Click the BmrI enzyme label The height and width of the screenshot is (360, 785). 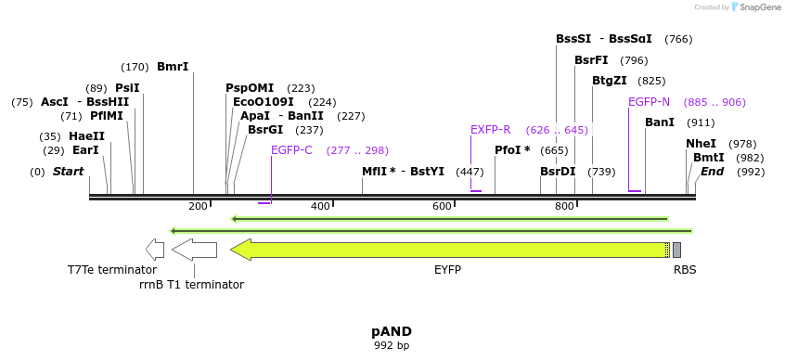[173, 67]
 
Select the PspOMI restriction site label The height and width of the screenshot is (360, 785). [250, 88]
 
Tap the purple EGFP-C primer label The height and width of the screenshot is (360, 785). [291, 150]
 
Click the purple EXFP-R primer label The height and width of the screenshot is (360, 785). [490, 130]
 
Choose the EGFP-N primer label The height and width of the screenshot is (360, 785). [649, 102]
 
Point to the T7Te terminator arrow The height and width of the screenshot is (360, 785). [155, 250]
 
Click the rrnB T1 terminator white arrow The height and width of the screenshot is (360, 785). [194, 250]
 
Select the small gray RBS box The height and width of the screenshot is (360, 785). [676, 250]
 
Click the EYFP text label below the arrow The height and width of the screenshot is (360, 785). [447, 270]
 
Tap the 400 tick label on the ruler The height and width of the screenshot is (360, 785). [320, 206]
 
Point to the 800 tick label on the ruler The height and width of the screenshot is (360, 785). [564, 206]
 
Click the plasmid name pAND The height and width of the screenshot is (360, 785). [392, 331]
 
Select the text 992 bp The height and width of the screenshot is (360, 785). [392, 346]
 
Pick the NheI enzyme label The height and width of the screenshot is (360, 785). [701, 144]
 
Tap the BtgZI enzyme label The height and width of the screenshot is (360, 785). [609, 81]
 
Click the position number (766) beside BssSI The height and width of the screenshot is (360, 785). [678, 39]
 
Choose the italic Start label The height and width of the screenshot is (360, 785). [68, 172]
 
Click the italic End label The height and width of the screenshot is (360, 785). [712, 172]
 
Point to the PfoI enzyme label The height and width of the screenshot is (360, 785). [512, 150]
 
